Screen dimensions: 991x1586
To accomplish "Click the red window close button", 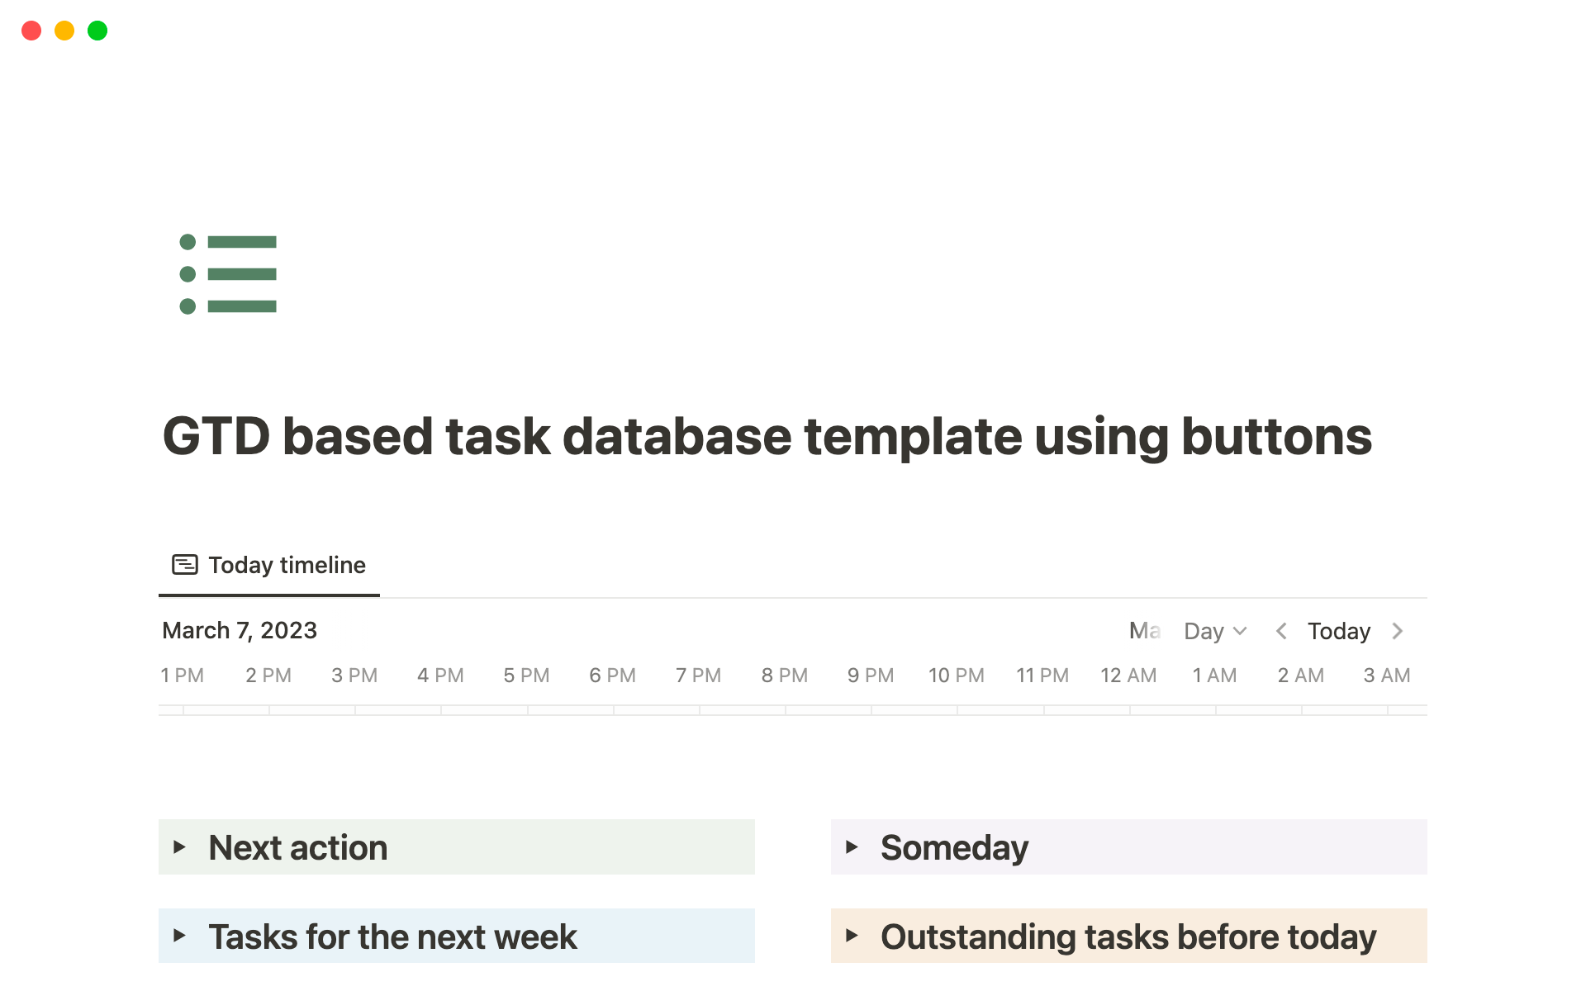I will tap(31, 31).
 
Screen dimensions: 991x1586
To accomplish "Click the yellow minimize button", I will tap(64, 31).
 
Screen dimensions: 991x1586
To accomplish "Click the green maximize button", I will tap(97, 31).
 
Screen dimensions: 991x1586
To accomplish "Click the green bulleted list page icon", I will tap(228, 274).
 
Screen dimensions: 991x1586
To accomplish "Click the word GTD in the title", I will tap(216, 436).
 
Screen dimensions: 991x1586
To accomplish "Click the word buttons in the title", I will tap(1276, 436).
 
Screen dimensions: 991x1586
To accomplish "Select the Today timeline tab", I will tap(269, 565).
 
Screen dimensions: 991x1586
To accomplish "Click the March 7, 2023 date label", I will tap(240, 630).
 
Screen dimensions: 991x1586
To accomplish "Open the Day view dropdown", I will tap(1214, 631).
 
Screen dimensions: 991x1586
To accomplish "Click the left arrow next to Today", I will tap(1281, 631).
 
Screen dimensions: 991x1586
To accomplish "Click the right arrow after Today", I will tap(1398, 631).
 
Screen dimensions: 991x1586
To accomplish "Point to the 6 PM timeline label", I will tap(612, 676).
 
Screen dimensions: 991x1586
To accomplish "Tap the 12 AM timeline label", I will tap(1128, 676).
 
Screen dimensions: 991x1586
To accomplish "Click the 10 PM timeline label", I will tap(956, 676).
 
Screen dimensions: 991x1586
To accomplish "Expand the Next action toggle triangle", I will tap(179, 846).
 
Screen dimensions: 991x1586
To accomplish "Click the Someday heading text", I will tap(954, 847).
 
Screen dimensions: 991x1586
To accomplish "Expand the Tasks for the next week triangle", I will tap(179, 936).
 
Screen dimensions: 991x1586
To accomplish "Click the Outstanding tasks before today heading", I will tap(1128, 936).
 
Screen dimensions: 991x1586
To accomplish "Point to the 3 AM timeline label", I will tap(1386, 676).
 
